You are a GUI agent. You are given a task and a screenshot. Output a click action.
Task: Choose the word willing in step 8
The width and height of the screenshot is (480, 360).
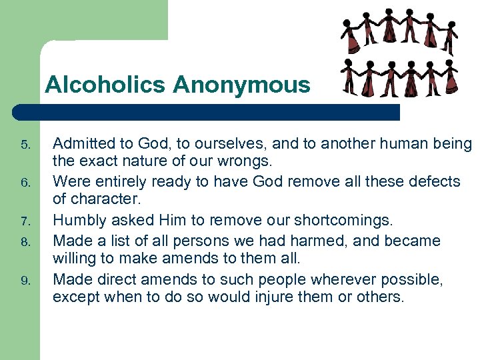[75, 259]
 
